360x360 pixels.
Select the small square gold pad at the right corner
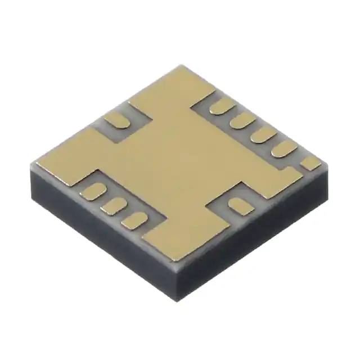tap(310, 163)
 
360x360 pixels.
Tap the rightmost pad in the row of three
tap(133, 219)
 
